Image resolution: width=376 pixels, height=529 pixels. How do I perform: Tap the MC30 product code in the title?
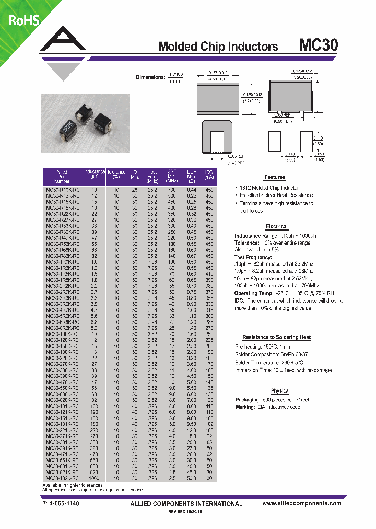[318, 45]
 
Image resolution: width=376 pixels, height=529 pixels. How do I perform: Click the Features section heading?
[275, 177]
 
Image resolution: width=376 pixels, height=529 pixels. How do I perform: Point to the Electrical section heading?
[276, 226]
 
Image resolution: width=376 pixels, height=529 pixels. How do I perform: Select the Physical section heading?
[280, 391]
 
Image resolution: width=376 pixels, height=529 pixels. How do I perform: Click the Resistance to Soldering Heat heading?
[276, 337]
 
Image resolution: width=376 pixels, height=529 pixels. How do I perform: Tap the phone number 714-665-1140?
[61, 503]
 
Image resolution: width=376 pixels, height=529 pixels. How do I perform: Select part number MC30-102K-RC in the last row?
[62, 478]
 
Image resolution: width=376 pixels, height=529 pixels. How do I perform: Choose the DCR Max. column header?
[192, 176]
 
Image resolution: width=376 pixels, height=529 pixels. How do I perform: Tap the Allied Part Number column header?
[62, 176]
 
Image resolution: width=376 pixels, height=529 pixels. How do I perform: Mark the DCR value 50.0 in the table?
[192, 478]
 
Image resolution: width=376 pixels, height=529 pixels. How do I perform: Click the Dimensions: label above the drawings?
[150, 77]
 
